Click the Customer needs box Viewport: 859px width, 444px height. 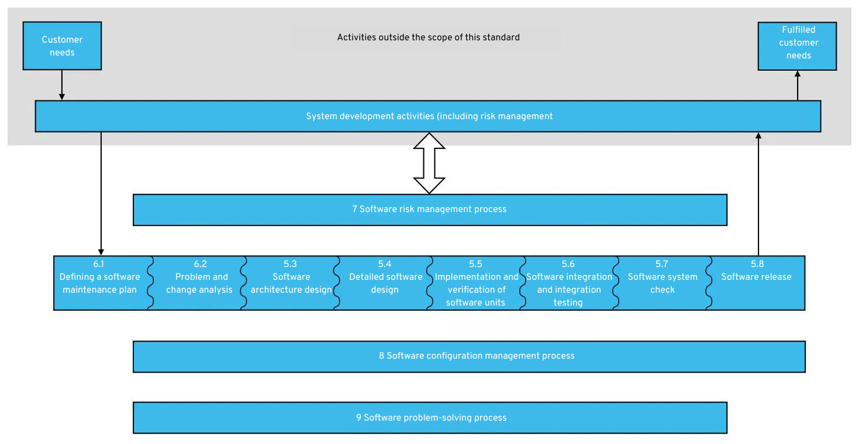[62, 46]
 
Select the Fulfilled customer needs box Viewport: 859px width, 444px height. [797, 46]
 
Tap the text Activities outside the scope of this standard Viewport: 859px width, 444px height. [428, 37]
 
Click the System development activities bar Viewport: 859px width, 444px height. [428, 116]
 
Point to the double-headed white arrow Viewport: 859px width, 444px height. [429, 163]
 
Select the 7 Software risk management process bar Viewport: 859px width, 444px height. [430, 210]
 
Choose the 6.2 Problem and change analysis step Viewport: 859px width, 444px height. [198, 283]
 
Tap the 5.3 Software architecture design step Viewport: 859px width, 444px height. [291, 283]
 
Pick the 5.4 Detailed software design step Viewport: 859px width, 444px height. [384, 283]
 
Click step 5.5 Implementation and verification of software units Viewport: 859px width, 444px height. [475, 283]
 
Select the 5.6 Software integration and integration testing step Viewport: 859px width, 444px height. [568, 283]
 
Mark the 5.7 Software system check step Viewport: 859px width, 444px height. [661, 283]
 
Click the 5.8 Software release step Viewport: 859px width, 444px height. [757, 283]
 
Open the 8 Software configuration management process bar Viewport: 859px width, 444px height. [469, 356]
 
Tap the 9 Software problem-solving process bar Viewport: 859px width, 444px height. [430, 418]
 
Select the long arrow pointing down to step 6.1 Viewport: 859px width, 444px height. [101, 193]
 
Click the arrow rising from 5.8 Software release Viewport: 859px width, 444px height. [758, 193]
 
